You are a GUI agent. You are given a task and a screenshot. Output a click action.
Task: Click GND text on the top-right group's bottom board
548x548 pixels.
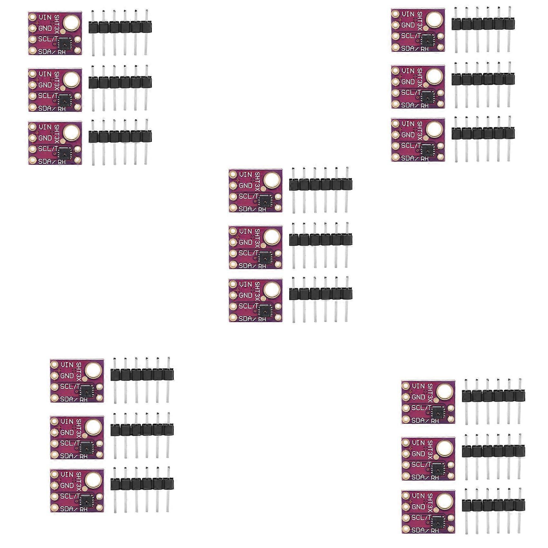408,135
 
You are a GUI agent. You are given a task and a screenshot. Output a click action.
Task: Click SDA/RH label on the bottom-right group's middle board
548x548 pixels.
425,477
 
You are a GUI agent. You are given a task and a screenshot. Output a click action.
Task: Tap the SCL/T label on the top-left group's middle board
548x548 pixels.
48,96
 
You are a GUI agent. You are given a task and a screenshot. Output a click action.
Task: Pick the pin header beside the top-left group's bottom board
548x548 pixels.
120,136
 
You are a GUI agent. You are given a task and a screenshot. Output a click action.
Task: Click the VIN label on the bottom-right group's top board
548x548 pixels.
418,386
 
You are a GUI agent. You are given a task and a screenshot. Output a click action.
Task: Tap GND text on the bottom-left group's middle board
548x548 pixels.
67,432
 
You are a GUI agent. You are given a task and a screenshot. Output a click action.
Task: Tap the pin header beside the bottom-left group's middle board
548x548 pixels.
142,430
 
